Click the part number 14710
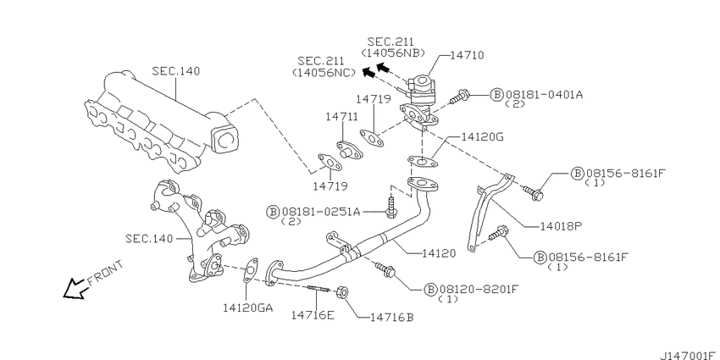[x=466, y=56]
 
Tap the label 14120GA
[x=248, y=307]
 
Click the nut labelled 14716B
[x=341, y=292]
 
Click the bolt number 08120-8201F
[x=479, y=290]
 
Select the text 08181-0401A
[x=544, y=95]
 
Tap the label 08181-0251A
[x=321, y=211]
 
